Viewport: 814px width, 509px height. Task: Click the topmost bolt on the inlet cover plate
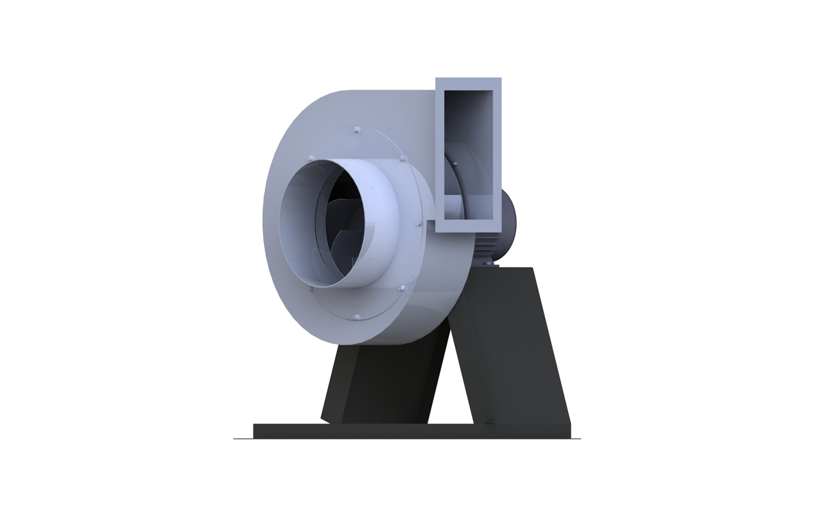356,131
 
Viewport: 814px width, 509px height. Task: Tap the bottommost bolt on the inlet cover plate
356,317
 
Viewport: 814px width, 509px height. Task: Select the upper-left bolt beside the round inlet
310,156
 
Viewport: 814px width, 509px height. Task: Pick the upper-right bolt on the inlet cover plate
403,159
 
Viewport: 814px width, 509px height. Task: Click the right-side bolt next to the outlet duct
419,225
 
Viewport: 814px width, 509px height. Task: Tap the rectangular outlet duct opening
469,153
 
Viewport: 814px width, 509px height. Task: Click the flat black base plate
413,432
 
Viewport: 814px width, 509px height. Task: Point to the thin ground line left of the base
243,438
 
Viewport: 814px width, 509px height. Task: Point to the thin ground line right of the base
576,438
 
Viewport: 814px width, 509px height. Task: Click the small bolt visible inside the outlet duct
454,164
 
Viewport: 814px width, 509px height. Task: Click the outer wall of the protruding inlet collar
373,226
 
